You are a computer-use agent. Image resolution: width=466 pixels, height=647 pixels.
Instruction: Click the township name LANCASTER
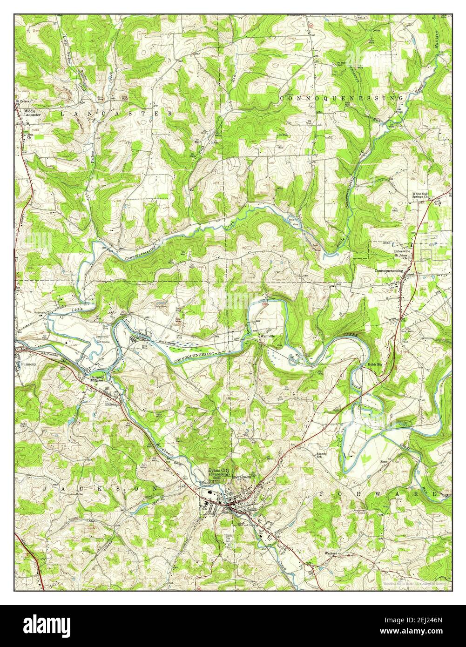pyautogui.click(x=116, y=113)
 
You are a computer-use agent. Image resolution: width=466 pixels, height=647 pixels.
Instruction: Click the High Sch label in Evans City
pyautogui.click(x=203, y=508)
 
